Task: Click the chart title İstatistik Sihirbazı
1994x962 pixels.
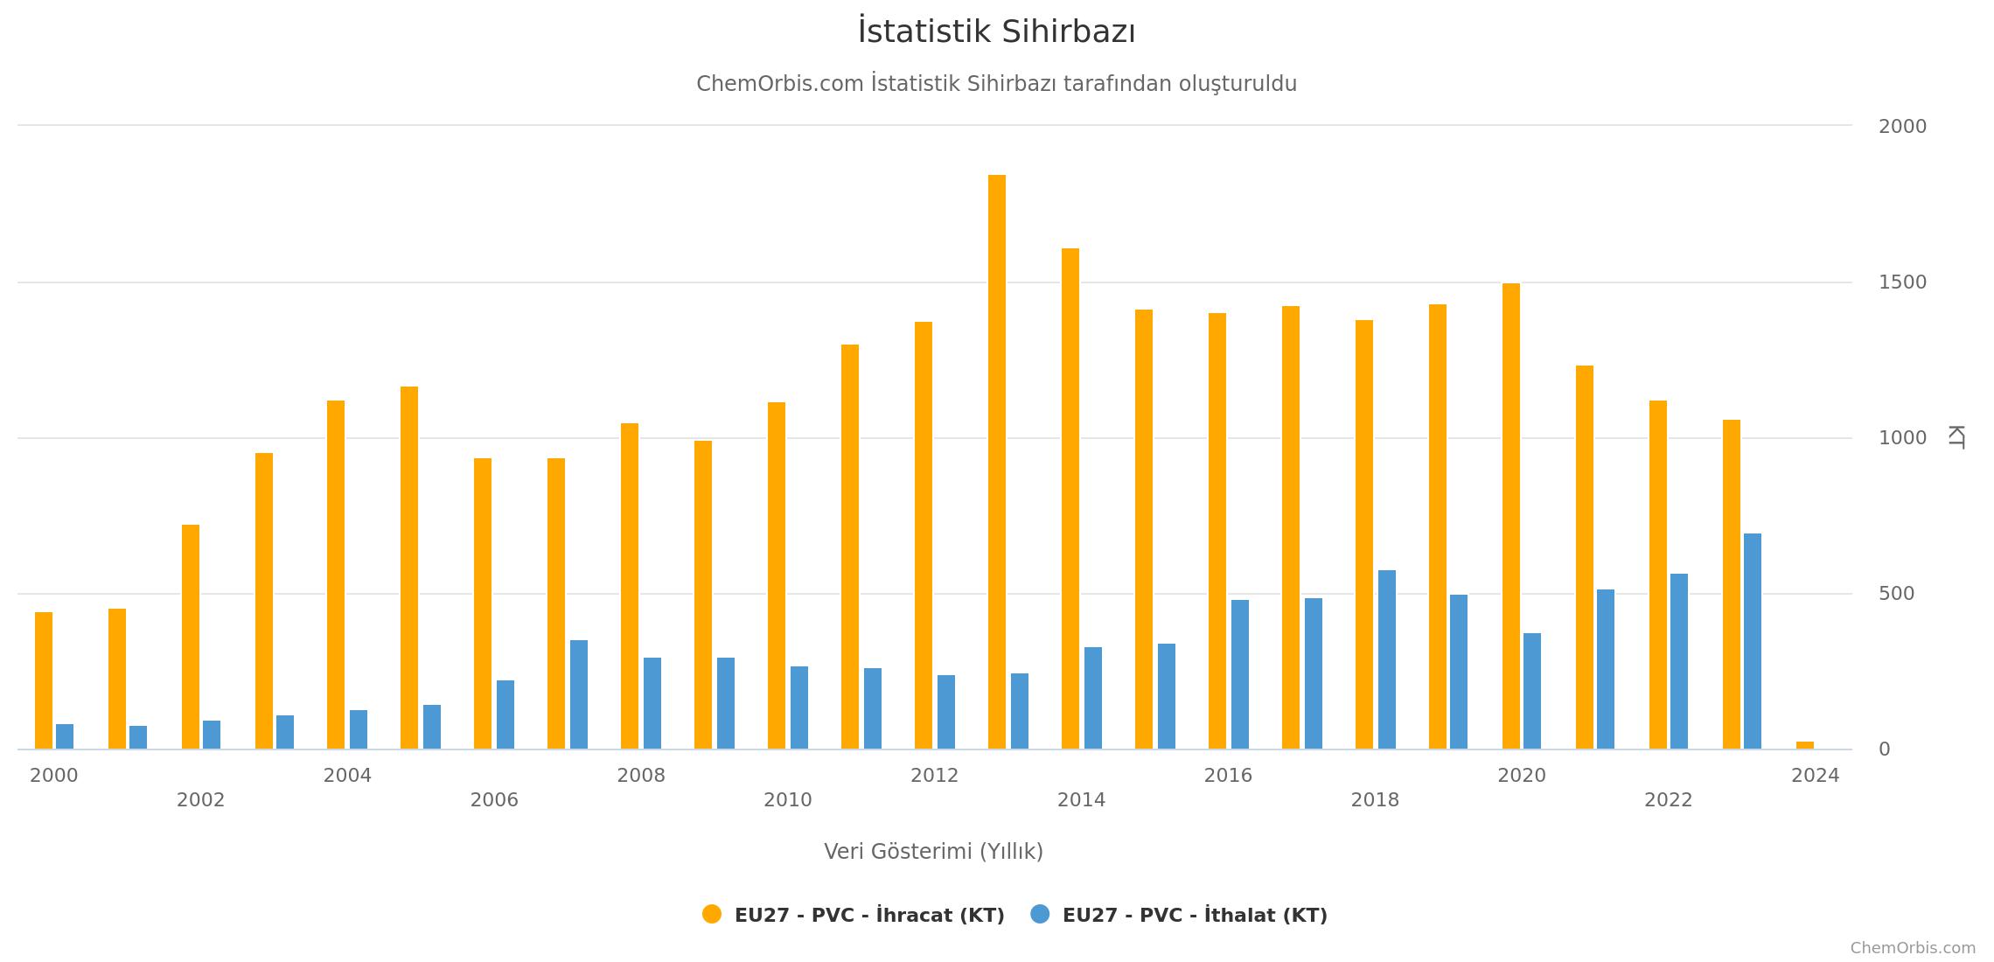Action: pyautogui.click(x=996, y=32)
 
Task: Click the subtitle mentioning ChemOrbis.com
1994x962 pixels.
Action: pyautogui.click(x=996, y=84)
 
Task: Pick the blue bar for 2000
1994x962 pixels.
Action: pyautogui.click(x=65, y=736)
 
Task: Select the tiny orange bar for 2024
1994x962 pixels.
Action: pyautogui.click(x=1805, y=745)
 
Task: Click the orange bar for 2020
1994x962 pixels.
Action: pyautogui.click(x=1511, y=516)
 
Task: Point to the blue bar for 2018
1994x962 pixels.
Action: pyautogui.click(x=1387, y=659)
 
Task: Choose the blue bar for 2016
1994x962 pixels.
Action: pyautogui.click(x=1240, y=674)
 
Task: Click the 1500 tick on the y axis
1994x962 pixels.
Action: pyautogui.click(x=1902, y=282)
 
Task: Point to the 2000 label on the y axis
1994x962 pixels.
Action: pyautogui.click(x=1902, y=127)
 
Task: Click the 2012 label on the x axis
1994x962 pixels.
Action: pyautogui.click(x=934, y=776)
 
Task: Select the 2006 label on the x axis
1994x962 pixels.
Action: pyautogui.click(x=494, y=800)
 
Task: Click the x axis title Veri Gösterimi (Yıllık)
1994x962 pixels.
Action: pyautogui.click(x=933, y=852)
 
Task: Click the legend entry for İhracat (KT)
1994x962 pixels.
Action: pyautogui.click(x=869, y=916)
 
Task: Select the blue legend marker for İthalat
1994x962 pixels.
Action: pyautogui.click(x=1040, y=914)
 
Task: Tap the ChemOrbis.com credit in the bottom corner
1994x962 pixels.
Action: pyautogui.click(x=1913, y=948)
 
